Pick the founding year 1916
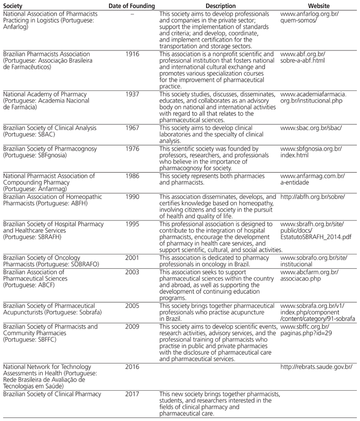[x=132, y=54]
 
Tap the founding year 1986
[x=132, y=176]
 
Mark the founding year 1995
[x=132, y=224]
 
